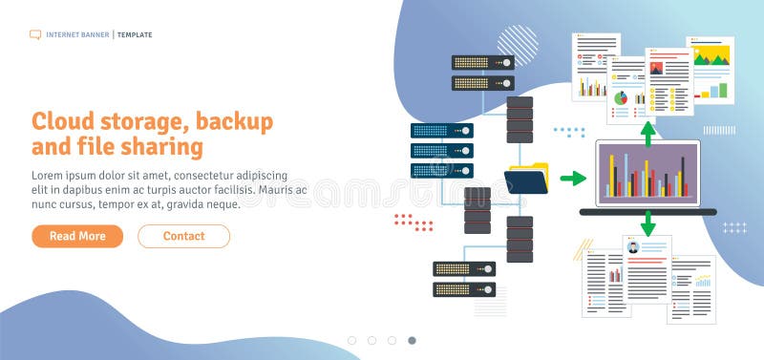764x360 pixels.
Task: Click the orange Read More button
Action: [x=77, y=236]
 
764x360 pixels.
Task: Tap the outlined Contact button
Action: [x=183, y=236]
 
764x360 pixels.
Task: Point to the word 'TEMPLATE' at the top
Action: [x=135, y=34]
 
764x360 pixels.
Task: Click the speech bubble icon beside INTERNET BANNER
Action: [x=35, y=34]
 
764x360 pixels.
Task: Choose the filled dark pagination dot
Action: [x=412, y=340]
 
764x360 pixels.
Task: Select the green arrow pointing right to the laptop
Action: [x=572, y=178]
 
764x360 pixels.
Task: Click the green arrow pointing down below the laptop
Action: [x=648, y=224]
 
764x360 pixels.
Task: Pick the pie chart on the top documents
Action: [x=620, y=97]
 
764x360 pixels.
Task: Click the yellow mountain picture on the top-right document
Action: [x=711, y=56]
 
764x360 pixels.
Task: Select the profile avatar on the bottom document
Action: [x=632, y=248]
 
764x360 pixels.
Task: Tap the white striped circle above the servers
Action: [x=517, y=45]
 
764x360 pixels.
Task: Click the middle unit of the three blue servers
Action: [x=441, y=150]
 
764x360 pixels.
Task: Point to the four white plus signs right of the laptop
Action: [x=734, y=227]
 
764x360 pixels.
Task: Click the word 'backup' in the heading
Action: [x=235, y=121]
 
